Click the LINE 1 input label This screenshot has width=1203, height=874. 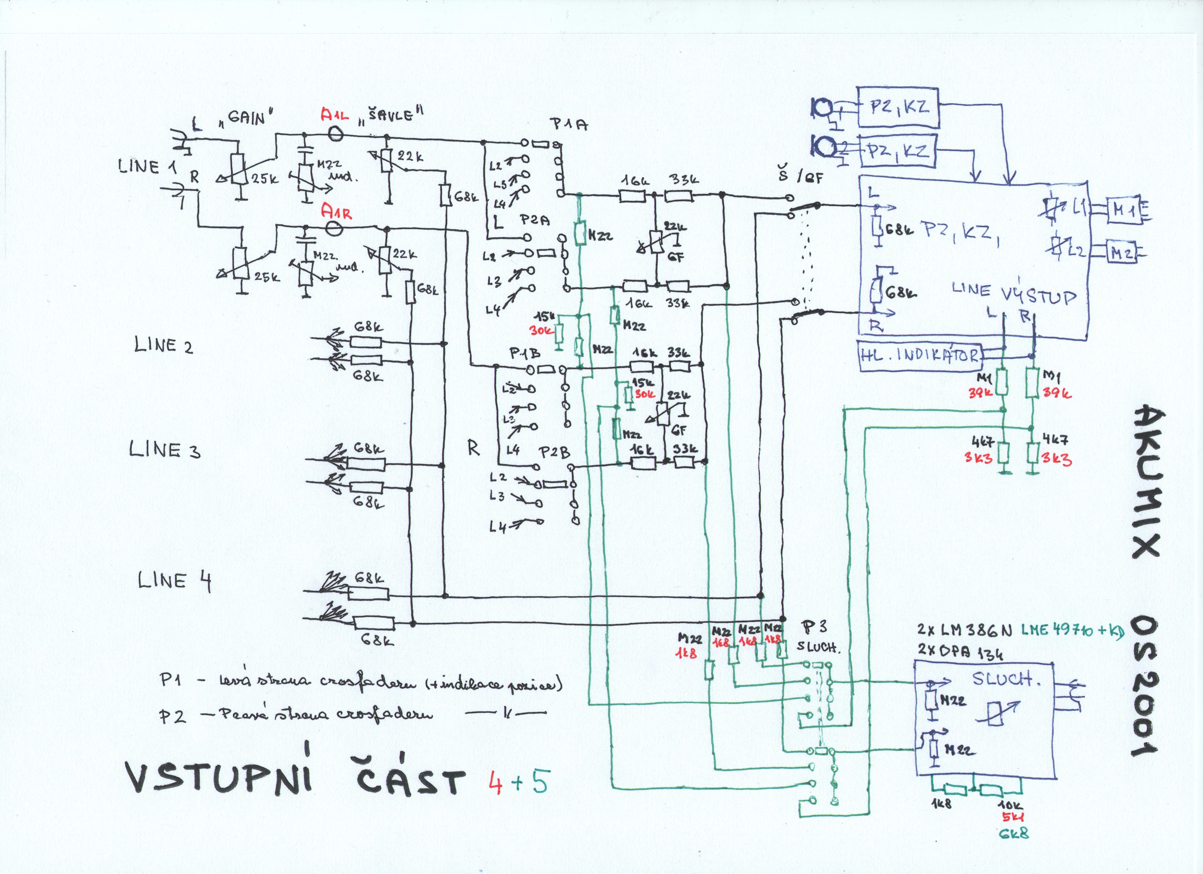(147, 167)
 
